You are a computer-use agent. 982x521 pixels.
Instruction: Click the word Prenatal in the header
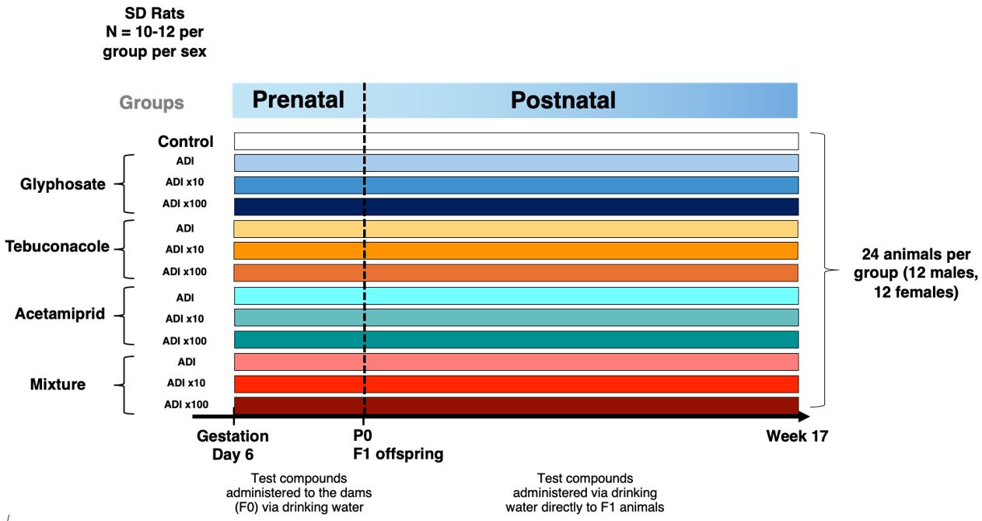[x=298, y=100]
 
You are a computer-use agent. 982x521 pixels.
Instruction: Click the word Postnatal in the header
[x=563, y=100]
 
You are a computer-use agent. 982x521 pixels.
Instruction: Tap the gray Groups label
[x=152, y=103]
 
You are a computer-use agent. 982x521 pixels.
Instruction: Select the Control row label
[x=186, y=142]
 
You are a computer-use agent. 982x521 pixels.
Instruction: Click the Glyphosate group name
[x=63, y=184]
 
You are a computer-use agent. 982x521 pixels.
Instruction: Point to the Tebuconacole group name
[x=57, y=246]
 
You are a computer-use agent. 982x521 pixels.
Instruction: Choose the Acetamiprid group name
[x=60, y=313]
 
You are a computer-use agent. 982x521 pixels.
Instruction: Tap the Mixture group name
[x=58, y=383]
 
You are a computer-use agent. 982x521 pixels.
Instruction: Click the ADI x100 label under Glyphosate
[x=184, y=204]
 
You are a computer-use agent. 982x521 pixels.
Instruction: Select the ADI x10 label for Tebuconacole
[x=184, y=249]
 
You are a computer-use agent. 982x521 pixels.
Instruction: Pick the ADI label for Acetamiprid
[x=185, y=298]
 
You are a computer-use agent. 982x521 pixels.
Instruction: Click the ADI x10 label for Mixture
[x=186, y=383]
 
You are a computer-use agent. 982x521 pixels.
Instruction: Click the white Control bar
[x=516, y=142]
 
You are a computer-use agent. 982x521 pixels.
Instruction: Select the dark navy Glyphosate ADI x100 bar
[x=516, y=207]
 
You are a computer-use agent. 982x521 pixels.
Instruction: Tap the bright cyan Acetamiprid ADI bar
[x=516, y=295]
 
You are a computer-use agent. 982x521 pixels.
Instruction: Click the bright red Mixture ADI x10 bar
[x=516, y=383]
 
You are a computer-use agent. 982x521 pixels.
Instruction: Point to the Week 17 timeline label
[x=797, y=436]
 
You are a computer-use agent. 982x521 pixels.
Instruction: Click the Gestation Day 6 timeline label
[x=232, y=445]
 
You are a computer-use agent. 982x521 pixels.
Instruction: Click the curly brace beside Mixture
[x=124, y=385]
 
